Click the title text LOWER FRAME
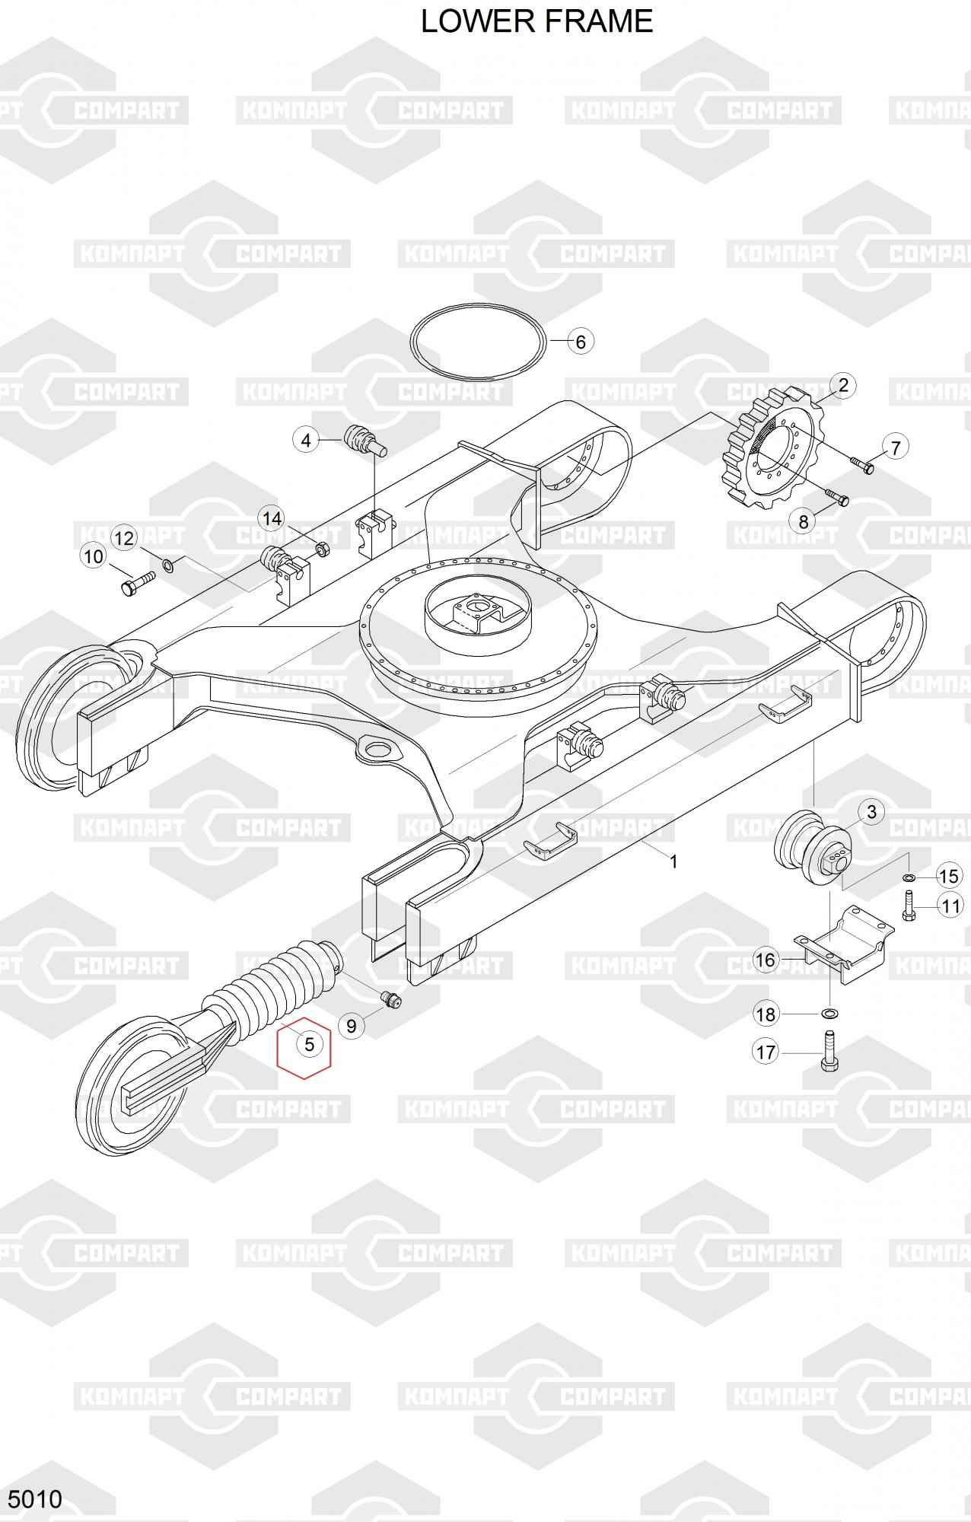[536, 21]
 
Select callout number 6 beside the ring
[581, 342]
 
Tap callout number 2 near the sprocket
[843, 385]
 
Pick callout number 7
[896, 447]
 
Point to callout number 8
[804, 522]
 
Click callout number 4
[306, 440]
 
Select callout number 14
[272, 519]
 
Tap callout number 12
[123, 539]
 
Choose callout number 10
[93, 556]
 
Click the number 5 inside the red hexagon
[309, 1044]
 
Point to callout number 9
[351, 1026]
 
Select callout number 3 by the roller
[872, 812]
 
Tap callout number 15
[949, 876]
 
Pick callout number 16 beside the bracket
[766, 960]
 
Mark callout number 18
[766, 1014]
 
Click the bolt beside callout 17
[829, 1051]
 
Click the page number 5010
[35, 1499]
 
